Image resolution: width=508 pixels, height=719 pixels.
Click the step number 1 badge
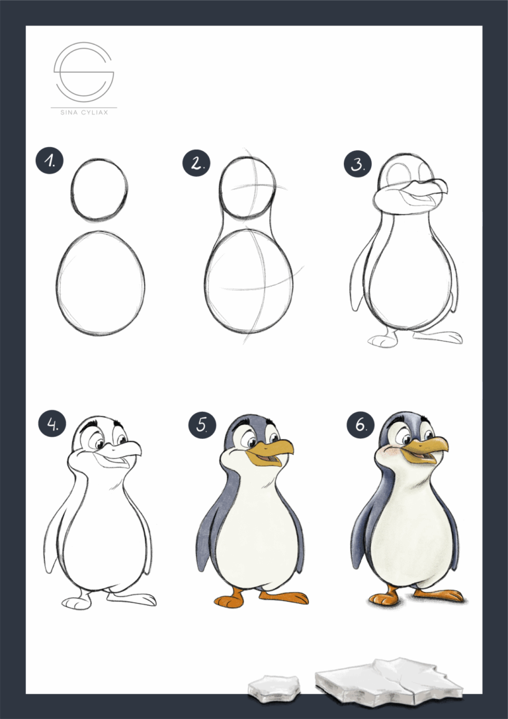coord(50,161)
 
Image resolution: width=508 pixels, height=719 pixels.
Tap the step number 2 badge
coord(196,163)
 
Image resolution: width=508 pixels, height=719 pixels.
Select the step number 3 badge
coord(357,164)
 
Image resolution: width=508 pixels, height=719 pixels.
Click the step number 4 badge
coord(50,424)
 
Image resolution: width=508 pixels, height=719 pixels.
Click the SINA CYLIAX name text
coord(83,113)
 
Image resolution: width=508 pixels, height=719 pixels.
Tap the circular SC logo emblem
coord(83,70)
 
